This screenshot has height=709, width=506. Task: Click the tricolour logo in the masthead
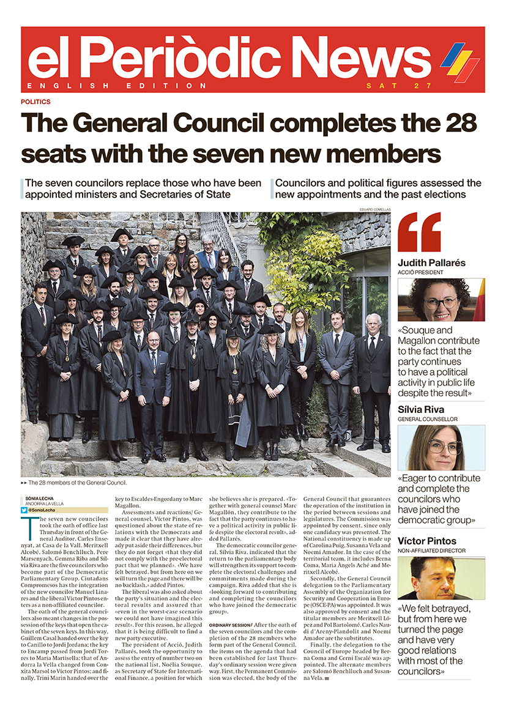click(459, 61)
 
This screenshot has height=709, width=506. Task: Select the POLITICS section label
click(35, 102)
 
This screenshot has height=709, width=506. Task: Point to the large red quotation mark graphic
click(419, 232)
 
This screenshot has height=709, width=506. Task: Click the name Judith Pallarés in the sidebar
click(431, 262)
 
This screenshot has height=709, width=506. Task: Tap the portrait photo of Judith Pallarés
click(441, 300)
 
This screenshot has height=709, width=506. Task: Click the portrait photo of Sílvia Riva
click(441, 448)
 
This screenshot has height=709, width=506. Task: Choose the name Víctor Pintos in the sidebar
click(427, 541)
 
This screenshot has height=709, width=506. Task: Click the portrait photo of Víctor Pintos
click(441, 578)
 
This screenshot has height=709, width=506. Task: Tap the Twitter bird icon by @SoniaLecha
click(24, 510)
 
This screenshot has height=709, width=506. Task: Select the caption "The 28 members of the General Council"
click(77, 483)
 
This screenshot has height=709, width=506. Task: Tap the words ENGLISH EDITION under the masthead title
click(117, 86)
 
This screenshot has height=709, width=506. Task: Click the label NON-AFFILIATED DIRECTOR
click(431, 551)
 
